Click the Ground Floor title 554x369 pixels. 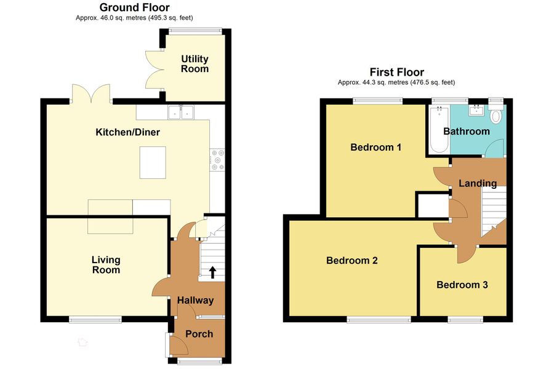coord(135,7)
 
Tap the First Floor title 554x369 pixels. coord(396,72)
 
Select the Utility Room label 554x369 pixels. coord(195,64)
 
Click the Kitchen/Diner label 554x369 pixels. coord(128,132)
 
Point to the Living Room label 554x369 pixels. coord(106,265)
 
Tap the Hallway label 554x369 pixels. coord(195,300)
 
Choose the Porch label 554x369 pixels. coord(199,334)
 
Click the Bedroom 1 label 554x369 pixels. coord(376,148)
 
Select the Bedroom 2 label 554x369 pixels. coord(352,260)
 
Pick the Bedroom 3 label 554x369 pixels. coord(462,285)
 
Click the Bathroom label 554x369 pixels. coord(467,131)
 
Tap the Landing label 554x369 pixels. coord(478,183)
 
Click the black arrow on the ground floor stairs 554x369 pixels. coord(213,271)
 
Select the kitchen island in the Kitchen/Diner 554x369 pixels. coord(153,162)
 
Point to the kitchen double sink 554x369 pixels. coord(181,112)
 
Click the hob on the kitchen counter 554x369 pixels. coord(217,159)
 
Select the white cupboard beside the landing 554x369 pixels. coord(432,205)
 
